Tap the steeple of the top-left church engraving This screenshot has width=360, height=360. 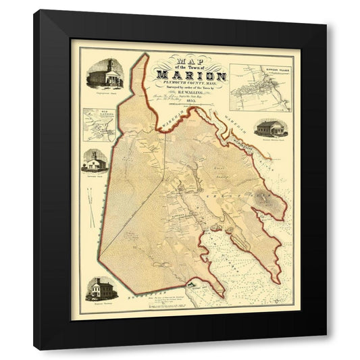pyautogui.click(x=107, y=63)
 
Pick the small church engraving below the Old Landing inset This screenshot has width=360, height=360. pyautogui.click(x=95, y=160)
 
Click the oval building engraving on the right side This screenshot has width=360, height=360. pyautogui.click(x=272, y=128)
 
